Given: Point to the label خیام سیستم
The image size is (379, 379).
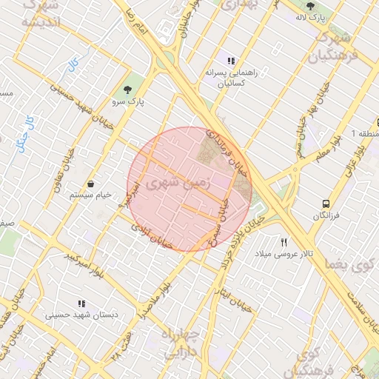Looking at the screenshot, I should (x=90, y=195).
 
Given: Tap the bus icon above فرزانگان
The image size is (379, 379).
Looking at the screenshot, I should (x=326, y=203).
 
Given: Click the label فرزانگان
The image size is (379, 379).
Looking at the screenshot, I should (x=326, y=215).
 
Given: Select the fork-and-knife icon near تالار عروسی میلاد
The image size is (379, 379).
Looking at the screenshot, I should (x=284, y=242).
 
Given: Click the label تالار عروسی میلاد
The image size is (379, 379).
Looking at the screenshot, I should (x=284, y=254).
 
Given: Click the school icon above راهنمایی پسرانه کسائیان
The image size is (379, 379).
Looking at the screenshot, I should (x=231, y=61).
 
